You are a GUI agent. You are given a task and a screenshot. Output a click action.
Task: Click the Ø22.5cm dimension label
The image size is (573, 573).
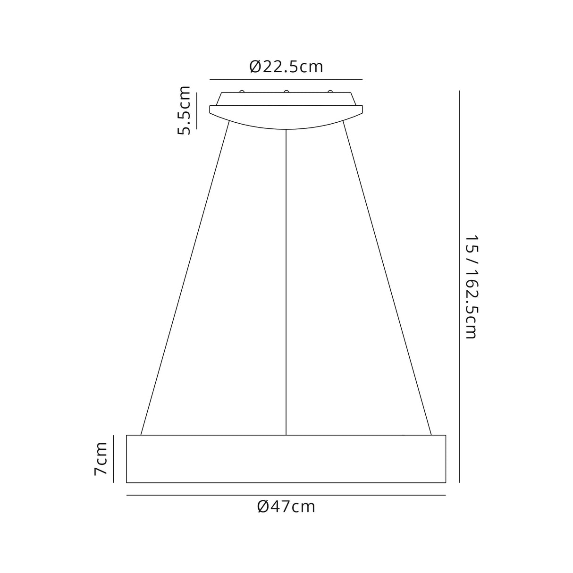[286, 67]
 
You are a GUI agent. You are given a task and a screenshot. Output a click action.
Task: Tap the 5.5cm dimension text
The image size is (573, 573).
[184, 110]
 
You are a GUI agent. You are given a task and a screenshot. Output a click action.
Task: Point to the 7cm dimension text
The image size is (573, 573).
[101, 458]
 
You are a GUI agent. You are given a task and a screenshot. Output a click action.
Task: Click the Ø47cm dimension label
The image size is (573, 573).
[286, 507]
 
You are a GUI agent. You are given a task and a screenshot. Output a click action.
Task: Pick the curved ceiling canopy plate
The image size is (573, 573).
[286, 116]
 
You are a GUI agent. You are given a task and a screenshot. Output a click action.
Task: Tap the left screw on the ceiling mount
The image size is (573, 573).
[242, 92]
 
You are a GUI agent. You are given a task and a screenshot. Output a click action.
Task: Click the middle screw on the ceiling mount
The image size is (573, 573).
[286, 92]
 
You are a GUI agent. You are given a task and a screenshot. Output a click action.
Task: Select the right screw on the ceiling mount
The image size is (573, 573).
[330, 92]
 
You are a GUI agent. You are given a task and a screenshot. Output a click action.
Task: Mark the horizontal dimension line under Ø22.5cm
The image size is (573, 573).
[286, 79]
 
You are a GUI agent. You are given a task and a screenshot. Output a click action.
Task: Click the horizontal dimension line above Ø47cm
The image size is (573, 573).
[286, 495]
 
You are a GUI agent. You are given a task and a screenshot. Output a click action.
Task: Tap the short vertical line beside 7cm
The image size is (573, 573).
[114, 459]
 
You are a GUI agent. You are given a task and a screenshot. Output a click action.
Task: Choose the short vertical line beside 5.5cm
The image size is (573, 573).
[196, 110]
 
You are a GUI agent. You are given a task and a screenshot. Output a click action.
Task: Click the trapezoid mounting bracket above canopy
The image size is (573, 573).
[286, 99]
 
